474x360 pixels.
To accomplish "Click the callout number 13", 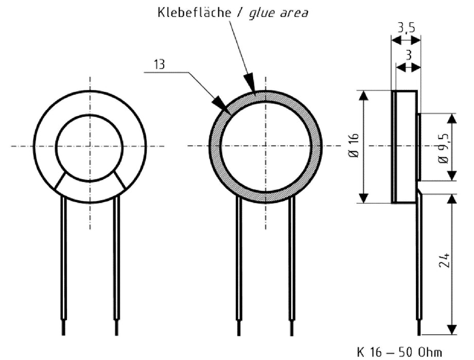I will pyautogui.click(x=161, y=65).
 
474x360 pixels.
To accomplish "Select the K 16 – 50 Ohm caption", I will pyautogui.click(x=399, y=352).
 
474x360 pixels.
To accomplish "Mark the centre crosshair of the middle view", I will pyautogui.click(x=266, y=146).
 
